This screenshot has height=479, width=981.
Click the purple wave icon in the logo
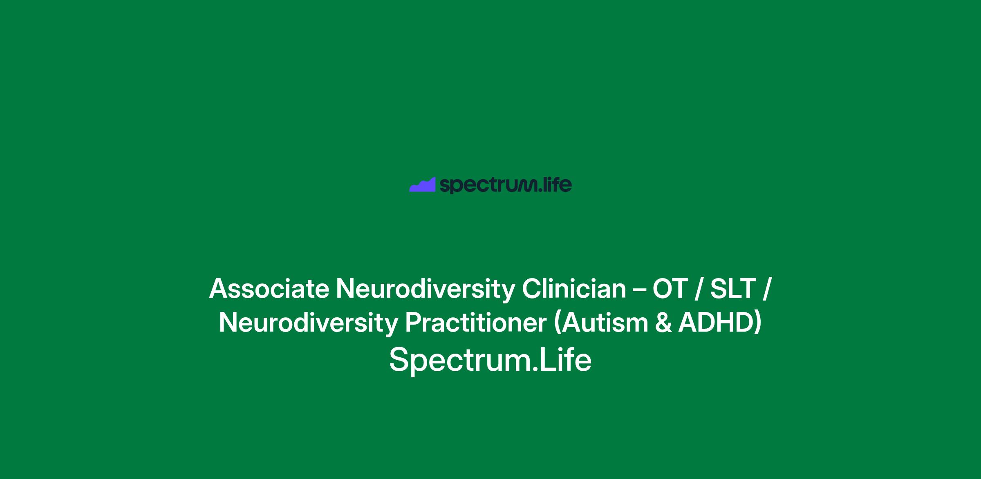pyautogui.click(x=422, y=185)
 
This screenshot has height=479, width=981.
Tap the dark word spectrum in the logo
pyautogui.click(x=488, y=185)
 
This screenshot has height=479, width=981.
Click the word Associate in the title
pyautogui.click(x=269, y=289)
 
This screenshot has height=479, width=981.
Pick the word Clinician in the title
pyautogui.click(x=574, y=289)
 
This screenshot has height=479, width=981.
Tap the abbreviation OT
pyautogui.click(x=670, y=289)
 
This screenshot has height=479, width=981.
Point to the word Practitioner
pyautogui.click(x=476, y=323)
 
